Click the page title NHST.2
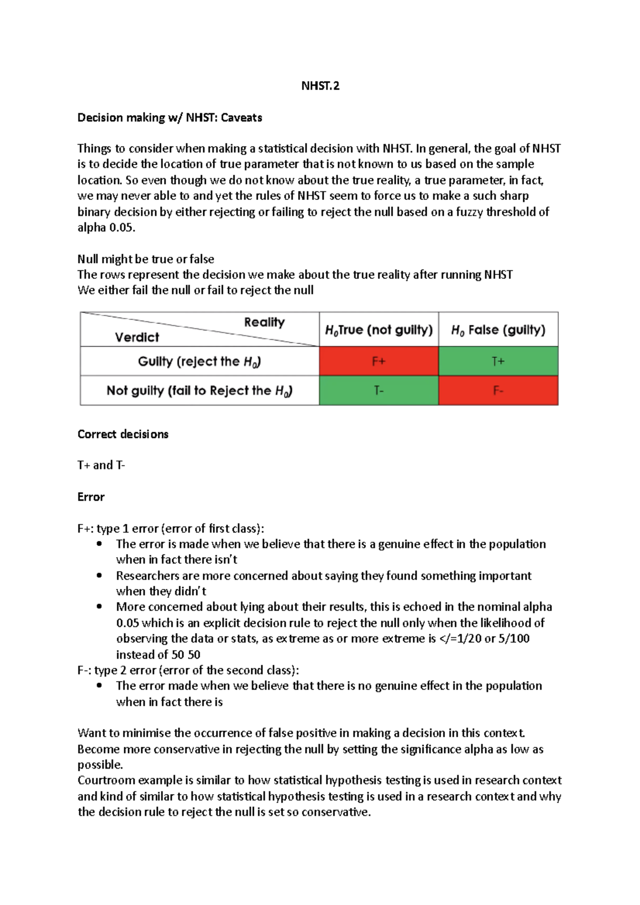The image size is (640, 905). [x=320, y=86]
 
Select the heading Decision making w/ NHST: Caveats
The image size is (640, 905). [x=170, y=117]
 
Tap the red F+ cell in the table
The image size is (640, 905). [x=379, y=361]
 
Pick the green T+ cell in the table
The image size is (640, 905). [x=498, y=361]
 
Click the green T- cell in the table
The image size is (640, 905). [x=379, y=391]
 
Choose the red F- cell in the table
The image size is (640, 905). [x=498, y=391]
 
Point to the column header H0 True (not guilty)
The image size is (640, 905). [x=379, y=330]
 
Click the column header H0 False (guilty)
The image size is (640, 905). [x=498, y=330]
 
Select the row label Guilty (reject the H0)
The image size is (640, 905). [x=199, y=361]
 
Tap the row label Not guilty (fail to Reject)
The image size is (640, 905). [x=199, y=391]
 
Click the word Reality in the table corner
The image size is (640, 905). [x=265, y=322]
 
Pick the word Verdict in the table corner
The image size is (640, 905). [x=137, y=337]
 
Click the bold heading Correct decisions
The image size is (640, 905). [x=123, y=434]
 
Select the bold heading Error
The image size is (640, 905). [x=91, y=497]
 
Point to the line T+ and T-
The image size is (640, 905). [x=101, y=465]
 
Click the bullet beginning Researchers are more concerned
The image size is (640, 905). [x=323, y=576]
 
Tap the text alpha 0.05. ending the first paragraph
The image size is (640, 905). [x=106, y=228]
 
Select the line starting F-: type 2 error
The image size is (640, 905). [x=188, y=670]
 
